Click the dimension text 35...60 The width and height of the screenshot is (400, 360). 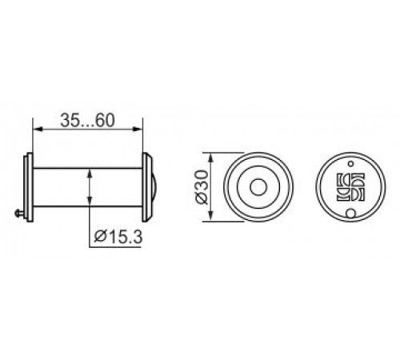[88, 120]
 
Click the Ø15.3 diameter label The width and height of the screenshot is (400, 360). [118, 237]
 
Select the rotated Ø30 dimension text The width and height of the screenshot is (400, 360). [202, 187]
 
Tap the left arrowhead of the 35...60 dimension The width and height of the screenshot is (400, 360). [38, 129]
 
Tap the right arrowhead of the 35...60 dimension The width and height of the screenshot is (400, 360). [138, 129]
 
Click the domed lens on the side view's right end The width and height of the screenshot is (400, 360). [150, 187]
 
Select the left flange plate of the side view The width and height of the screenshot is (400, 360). [29, 187]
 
